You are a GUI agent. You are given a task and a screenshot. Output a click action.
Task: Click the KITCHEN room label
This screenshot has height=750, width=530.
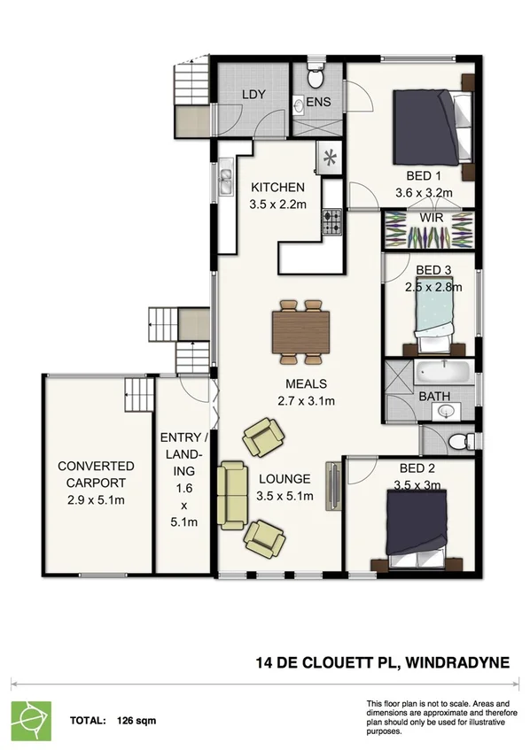pyautogui.click(x=277, y=188)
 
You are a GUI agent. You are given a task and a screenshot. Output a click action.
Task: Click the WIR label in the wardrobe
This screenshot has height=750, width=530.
pyautogui.click(x=433, y=216)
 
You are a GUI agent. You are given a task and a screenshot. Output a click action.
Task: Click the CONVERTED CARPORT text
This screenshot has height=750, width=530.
pyautogui.click(x=96, y=475)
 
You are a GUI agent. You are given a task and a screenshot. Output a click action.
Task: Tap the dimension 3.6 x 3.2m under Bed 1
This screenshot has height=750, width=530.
pyautogui.click(x=424, y=192)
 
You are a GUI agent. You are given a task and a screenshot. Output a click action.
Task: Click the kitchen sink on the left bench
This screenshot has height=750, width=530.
pyautogui.click(x=225, y=182)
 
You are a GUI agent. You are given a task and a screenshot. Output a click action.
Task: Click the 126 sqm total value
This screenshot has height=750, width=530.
pyautogui.click(x=131, y=721)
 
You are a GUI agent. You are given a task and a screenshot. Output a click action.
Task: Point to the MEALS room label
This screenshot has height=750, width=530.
pyautogui.click(x=307, y=384)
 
